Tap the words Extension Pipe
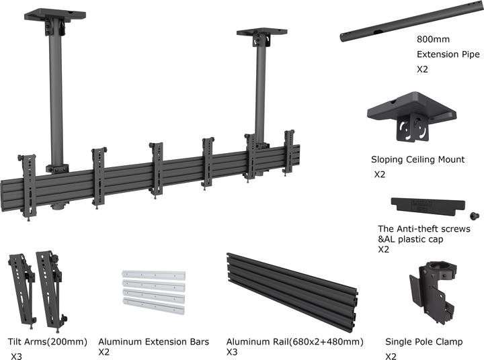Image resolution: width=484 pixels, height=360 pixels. [x=448, y=54]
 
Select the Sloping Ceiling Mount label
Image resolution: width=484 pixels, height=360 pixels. [x=417, y=160]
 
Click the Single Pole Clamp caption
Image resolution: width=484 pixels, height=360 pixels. [x=424, y=342]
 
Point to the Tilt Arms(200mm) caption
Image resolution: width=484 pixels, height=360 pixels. [x=47, y=342]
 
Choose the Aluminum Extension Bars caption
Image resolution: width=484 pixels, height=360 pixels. [x=153, y=342]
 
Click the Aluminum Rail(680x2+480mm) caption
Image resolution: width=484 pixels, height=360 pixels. [x=294, y=342]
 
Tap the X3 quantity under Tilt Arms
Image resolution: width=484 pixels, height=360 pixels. [x=16, y=357]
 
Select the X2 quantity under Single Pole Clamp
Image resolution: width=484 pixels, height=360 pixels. [x=391, y=357]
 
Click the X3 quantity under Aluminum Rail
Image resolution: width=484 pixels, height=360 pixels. [x=232, y=352]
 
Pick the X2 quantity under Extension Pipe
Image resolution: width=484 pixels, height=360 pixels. [x=422, y=69]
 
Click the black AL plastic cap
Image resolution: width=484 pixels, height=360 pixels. [x=426, y=206]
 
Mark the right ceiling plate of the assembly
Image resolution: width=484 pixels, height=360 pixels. [x=261, y=32]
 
